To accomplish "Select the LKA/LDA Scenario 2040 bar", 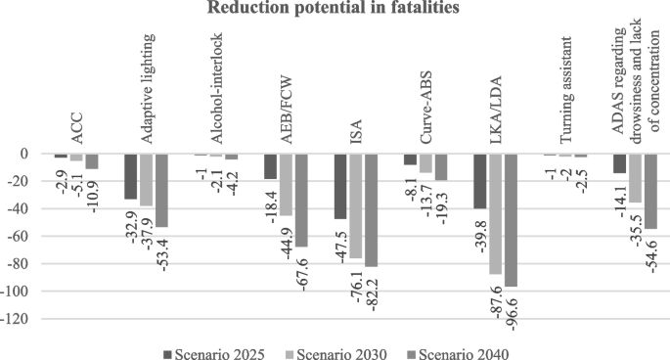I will [x=512, y=220].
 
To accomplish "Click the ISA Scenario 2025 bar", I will [x=340, y=187].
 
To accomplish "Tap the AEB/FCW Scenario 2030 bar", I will [x=286, y=185].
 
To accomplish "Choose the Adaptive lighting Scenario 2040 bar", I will [x=161, y=191].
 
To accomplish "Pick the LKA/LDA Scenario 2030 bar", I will [x=496, y=214].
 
